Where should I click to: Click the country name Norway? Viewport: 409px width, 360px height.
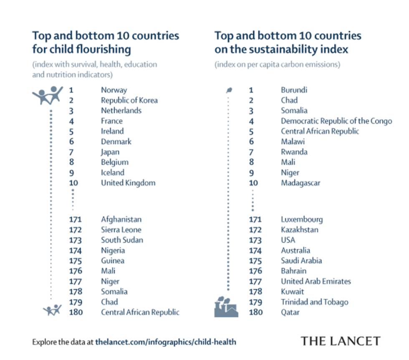(x=114, y=90)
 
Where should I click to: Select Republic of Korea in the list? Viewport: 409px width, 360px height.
(x=129, y=100)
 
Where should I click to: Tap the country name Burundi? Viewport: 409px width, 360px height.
(x=294, y=90)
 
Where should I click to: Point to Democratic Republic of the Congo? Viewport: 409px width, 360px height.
(x=336, y=121)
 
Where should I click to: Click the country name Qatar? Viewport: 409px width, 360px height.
(x=290, y=312)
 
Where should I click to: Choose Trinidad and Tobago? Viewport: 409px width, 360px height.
(x=314, y=302)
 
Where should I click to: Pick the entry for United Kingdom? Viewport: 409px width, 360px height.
(x=128, y=183)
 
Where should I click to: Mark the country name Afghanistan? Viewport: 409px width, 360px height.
(x=121, y=219)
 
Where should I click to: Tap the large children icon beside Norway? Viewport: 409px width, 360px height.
(x=48, y=95)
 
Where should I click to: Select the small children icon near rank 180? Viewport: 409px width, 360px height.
(x=53, y=310)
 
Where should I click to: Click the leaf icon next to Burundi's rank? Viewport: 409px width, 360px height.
(x=229, y=90)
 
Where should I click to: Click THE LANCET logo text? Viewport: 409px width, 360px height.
(x=341, y=341)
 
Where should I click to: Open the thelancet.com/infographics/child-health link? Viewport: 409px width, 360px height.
(x=165, y=342)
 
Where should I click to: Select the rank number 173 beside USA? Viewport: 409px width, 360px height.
(x=255, y=240)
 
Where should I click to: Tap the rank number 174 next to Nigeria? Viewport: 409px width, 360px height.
(x=76, y=251)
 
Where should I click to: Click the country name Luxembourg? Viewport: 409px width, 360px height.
(x=301, y=219)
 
